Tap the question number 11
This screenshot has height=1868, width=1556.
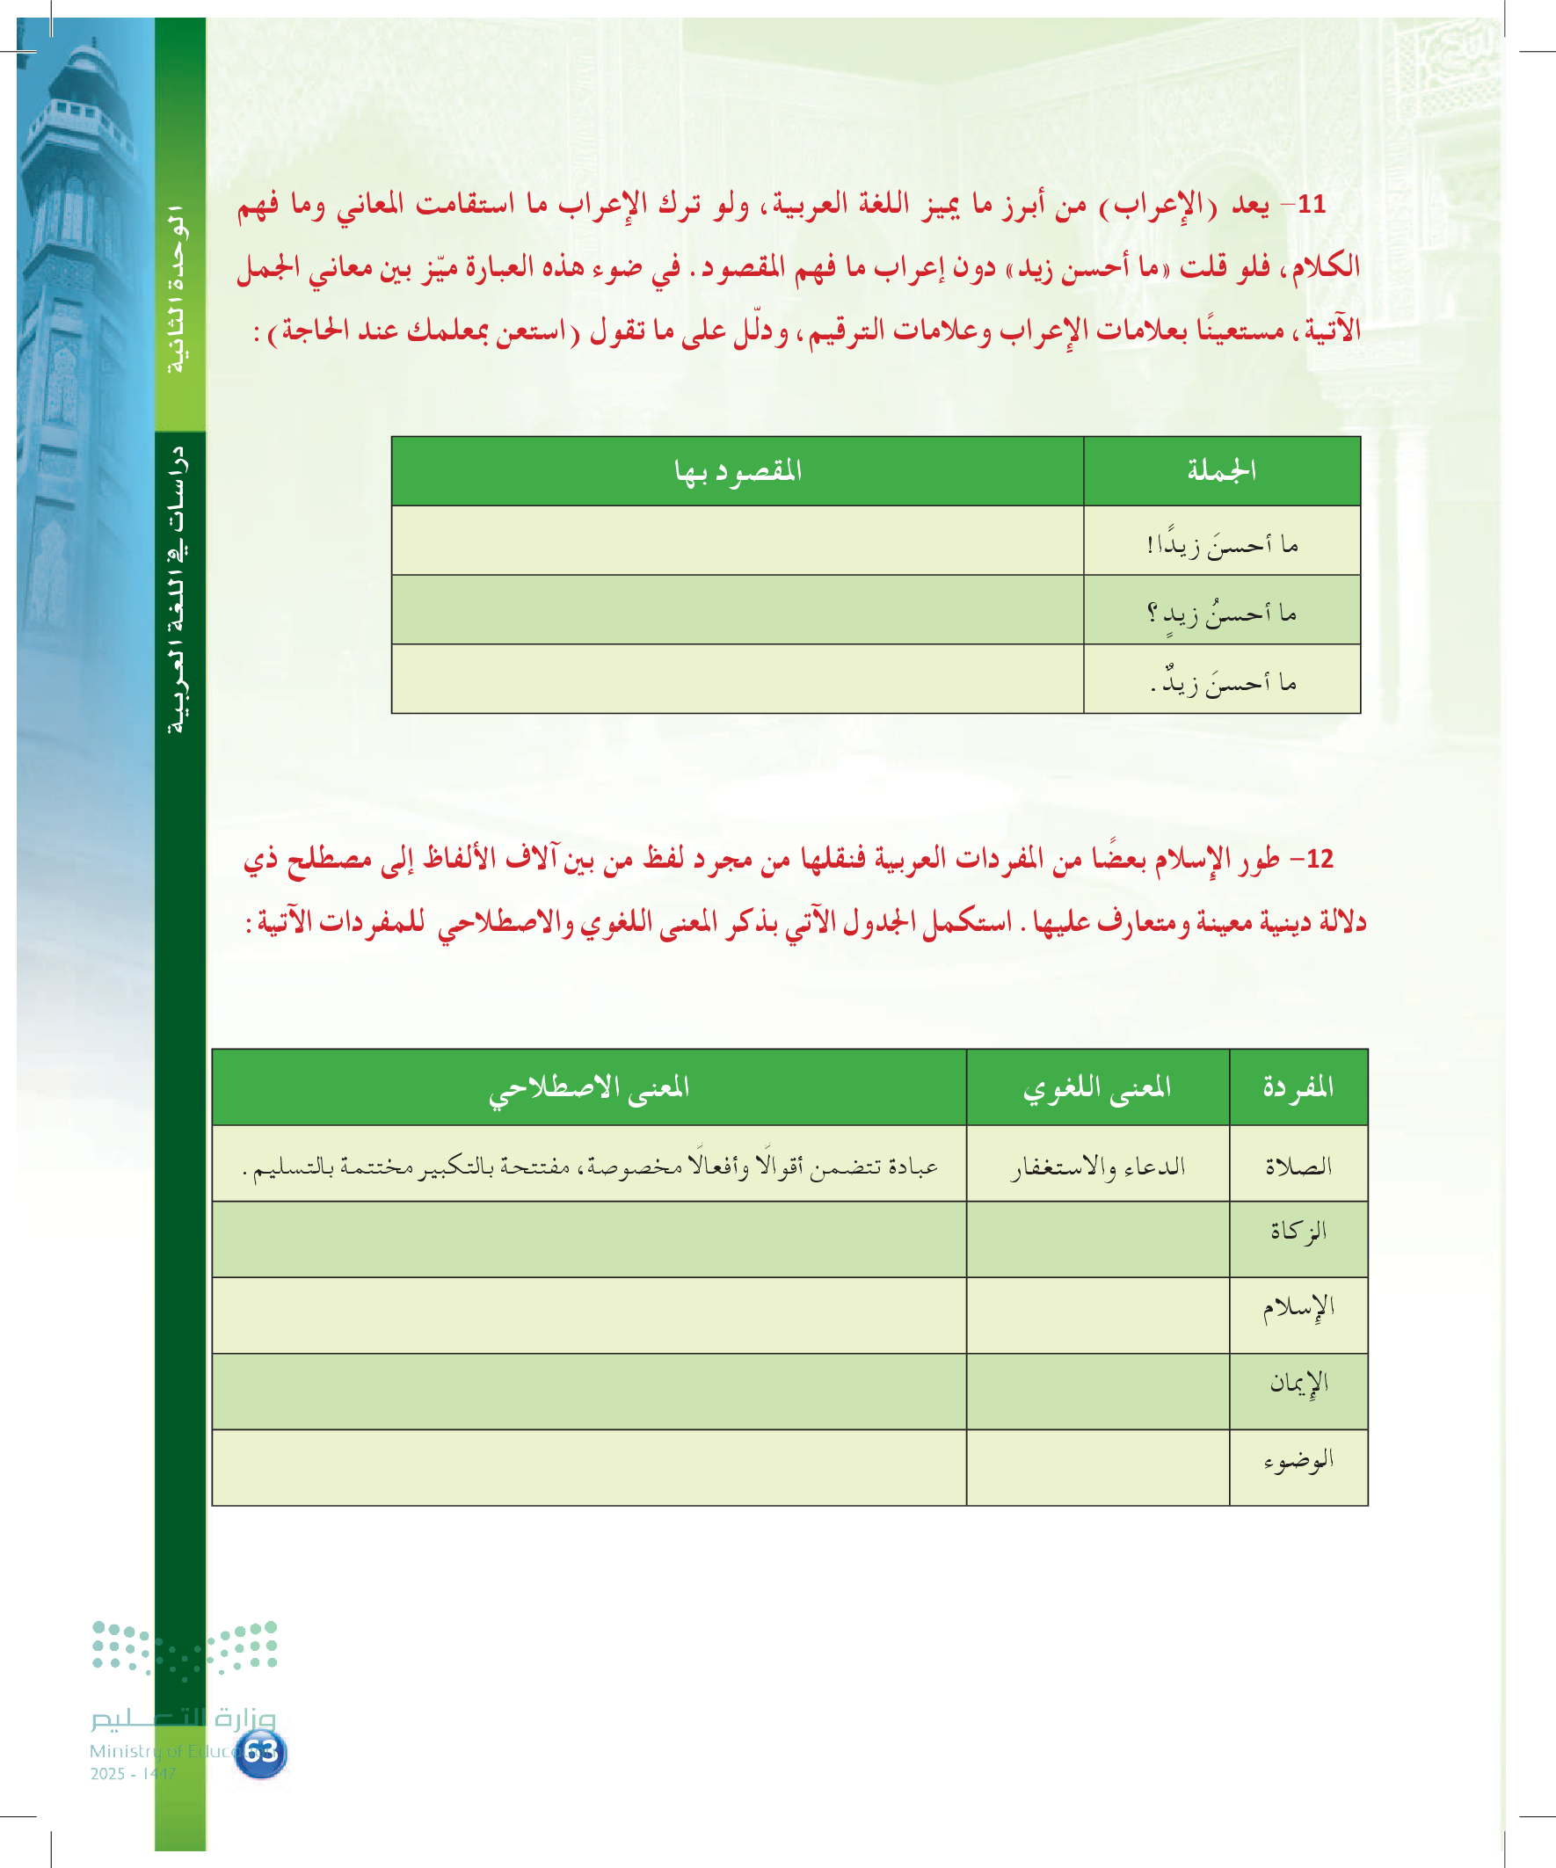1312,205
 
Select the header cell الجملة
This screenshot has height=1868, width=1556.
1220,470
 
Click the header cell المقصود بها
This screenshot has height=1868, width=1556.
738,470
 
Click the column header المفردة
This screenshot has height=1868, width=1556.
1298,1087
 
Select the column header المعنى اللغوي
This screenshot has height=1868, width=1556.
1097,1087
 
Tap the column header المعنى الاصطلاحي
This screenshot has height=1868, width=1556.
589,1087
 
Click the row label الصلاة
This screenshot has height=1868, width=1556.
1298,1166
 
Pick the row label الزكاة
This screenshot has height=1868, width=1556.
1298,1231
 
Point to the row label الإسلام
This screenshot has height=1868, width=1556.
1298,1308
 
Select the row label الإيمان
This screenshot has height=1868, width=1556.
1298,1382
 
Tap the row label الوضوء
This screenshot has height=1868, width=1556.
1298,1460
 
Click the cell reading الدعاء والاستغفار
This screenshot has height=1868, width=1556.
1097,1166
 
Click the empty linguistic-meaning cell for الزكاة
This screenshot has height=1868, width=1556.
1097,1239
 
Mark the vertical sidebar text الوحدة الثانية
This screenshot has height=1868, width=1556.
177,289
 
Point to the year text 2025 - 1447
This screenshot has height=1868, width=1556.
134,1774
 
